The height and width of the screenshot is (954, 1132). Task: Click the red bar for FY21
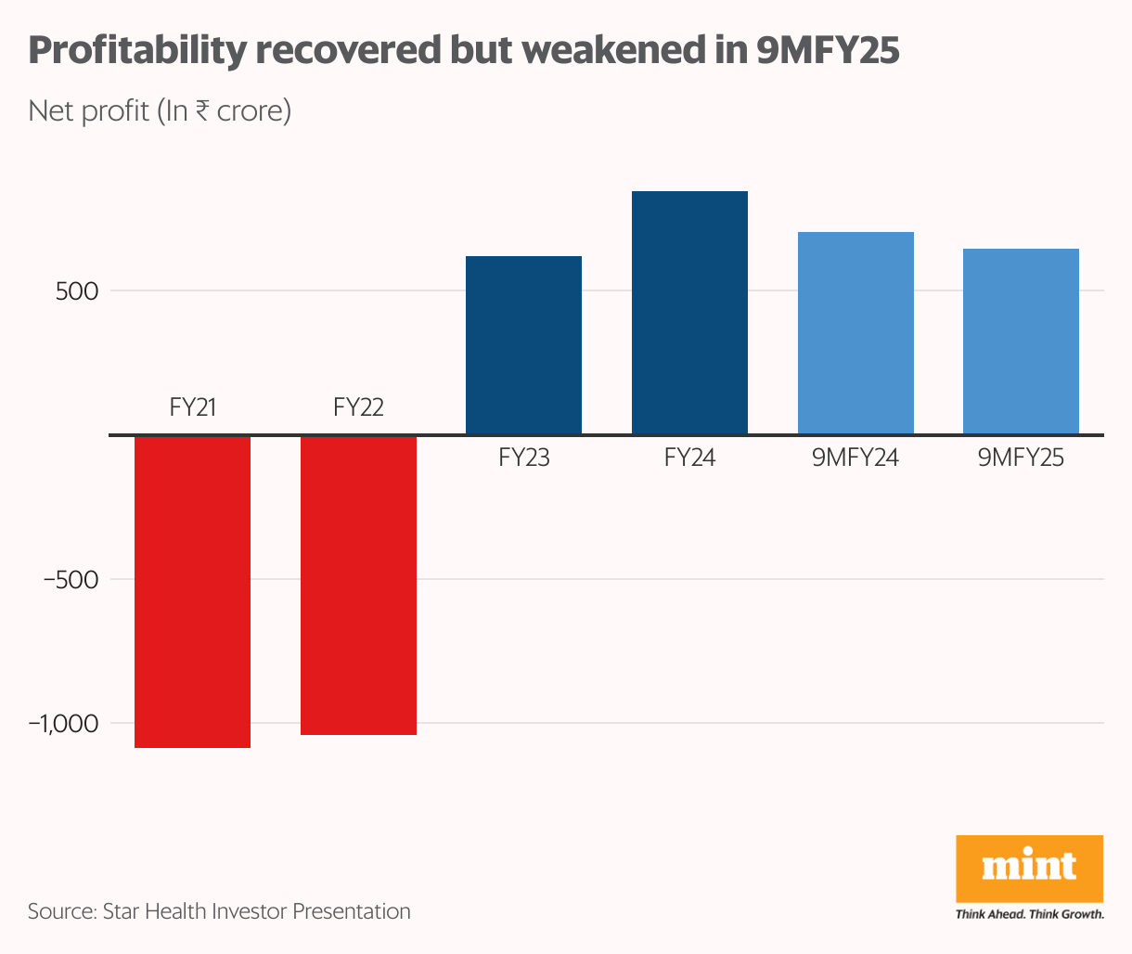click(x=193, y=591)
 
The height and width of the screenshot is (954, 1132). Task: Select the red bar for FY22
click(x=358, y=585)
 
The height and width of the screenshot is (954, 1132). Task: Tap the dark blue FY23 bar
click(x=523, y=345)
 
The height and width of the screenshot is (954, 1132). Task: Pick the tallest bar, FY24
click(x=689, y=313)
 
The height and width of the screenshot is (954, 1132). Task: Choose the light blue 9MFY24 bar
click(x=855, y=333)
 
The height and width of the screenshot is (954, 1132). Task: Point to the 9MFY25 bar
click(x=1021, y=342)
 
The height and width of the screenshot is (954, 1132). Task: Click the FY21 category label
click(x=193, y=407)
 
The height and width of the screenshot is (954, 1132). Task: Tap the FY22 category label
click(x=358, y=407)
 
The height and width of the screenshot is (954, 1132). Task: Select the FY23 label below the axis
click(x=523, y=458)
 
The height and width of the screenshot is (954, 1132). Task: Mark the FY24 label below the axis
click(x=689, y=458)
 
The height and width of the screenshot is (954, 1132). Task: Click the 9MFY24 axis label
click(x=855, y=458)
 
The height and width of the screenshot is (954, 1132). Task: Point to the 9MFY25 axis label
click(x=1021, y=458)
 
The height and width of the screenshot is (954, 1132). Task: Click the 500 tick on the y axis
click(x=76, y=291)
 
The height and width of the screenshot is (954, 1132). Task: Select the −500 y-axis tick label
click(x=71, y=580)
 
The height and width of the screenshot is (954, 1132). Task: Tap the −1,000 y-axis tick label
click(x=63, y=724)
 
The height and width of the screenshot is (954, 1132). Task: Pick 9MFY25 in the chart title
click(x=828, y=50)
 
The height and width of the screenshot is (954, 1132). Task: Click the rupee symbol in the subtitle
click(x=201, y=111)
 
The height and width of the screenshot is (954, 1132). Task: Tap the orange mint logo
click(x=1029, y=868)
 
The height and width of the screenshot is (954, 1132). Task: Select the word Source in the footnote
click(x=58, y=911)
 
